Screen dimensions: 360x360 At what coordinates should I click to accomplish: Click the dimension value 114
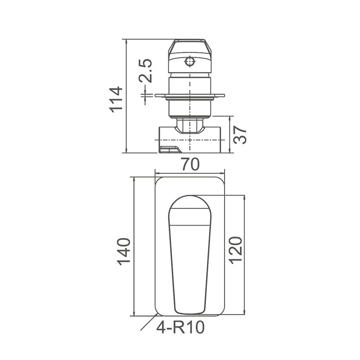(116, 99)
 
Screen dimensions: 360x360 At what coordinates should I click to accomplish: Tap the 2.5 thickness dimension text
(145, 71)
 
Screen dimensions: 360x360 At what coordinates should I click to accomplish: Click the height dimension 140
(124, 251)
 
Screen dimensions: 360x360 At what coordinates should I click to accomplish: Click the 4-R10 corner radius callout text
(180, 328)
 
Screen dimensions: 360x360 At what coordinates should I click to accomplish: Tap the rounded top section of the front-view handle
(189, 209)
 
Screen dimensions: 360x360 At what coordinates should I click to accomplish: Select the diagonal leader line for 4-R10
(148, 324)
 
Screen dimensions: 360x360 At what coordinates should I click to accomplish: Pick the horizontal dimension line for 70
(189, 172)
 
